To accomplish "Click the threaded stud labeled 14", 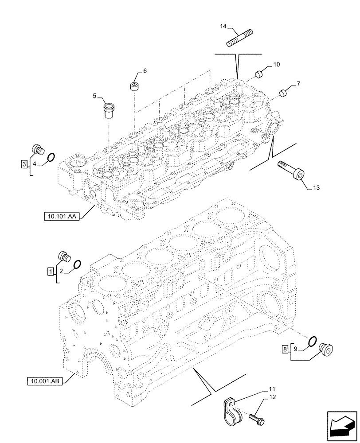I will (240, 37).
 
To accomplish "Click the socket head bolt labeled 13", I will (291, 171).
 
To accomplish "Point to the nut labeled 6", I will (133, 85).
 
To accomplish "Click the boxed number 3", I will (24, 164).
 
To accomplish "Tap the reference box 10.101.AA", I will (61, 216).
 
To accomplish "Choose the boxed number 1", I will (51, 270).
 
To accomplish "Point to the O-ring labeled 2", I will (76, 265).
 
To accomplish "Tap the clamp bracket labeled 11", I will (233, 410).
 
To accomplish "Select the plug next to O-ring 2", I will (64, 256).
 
